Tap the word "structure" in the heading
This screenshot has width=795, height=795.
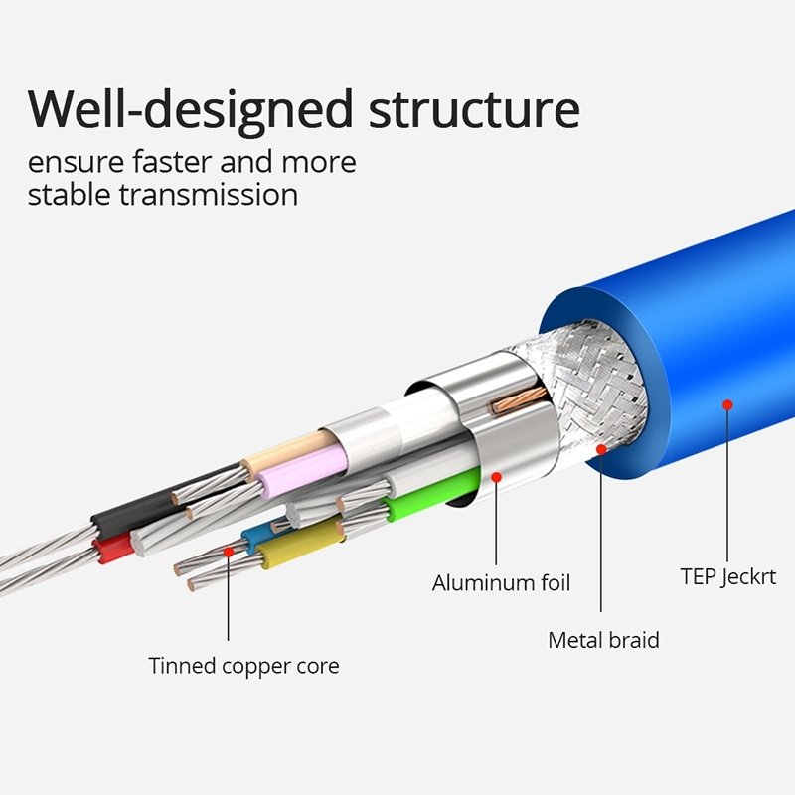(474, 108)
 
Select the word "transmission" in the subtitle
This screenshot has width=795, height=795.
(208, 193)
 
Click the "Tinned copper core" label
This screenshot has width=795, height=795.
(243, 665)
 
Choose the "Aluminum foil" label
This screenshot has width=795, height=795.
(501, 582)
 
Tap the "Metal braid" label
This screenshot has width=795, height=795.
(603, 639)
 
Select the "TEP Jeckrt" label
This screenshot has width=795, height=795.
(727, 575)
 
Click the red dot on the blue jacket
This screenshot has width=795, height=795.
(727, 404)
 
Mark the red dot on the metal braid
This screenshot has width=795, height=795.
(601, 449)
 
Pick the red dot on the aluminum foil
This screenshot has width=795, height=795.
(497, 476)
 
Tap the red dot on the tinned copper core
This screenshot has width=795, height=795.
(229, 549)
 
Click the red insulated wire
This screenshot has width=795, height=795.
(111, 547)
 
